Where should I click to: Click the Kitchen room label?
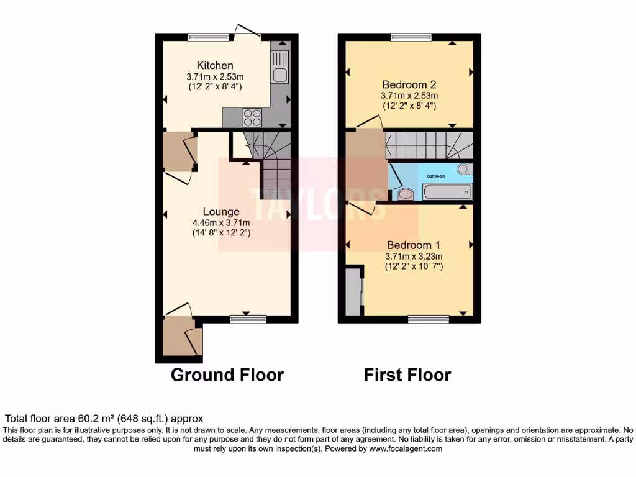(x=215, y=65)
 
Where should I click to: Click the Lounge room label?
(x=220, y=212)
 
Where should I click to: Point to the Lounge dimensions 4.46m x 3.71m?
(x=220, y=223)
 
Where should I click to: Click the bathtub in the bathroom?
(x=446, y=191)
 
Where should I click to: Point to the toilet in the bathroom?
(x=463, y=168)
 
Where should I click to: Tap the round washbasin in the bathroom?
(x=405, y=194)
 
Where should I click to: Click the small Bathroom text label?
(x=435, y=176)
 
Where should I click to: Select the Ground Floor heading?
(x=227, y=375)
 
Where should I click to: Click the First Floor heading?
(x=407, y=375)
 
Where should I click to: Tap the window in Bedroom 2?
(x=411, y=37)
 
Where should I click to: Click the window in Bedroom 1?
(x=429, y=319)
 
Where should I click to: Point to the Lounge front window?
(x=247, y=319)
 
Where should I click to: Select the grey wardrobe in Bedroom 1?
(x=354, y=291)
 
